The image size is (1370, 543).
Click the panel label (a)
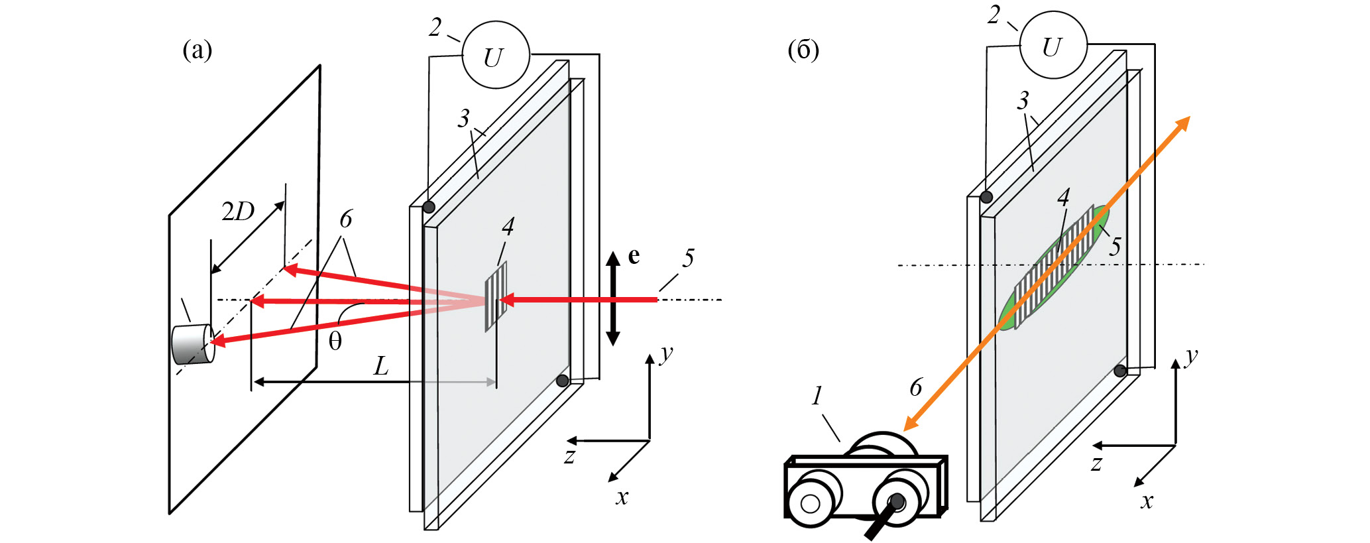(197, 50)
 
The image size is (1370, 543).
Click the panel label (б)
(803, 50)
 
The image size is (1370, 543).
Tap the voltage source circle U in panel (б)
(1053, 46)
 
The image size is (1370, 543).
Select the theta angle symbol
(335, 341)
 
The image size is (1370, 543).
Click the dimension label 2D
(238, 211)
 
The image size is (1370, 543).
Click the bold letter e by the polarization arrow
(634, 256)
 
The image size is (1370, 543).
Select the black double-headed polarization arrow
(613, 298)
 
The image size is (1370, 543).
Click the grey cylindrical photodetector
(192, 344)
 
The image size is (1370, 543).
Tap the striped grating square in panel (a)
(496, 296)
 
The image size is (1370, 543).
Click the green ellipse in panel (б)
(1054, 268)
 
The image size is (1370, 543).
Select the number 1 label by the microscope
(817, 396)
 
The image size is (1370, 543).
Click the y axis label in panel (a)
(666, 353)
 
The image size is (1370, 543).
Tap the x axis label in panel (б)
(1147, 501)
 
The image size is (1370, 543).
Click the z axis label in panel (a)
(569, 456)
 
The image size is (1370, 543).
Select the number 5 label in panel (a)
(689, 258)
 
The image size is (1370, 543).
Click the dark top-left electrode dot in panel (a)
(429, 207)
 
